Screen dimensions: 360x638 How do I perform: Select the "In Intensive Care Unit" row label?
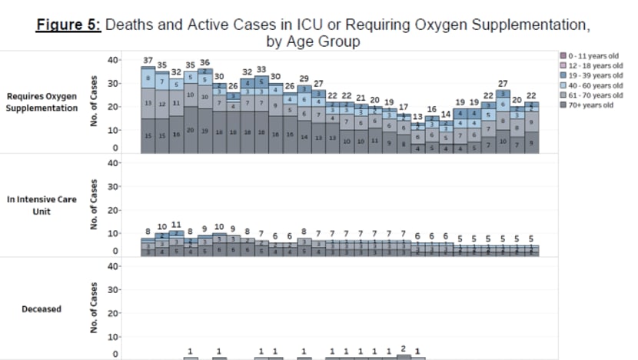coord(40,204)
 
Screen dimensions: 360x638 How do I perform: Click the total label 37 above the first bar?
coord(148,61)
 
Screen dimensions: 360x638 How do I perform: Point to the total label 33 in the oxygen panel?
coord(261,69)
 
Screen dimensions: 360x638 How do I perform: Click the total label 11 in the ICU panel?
coord(176,225)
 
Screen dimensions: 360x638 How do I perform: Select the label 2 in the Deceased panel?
coord(403,348)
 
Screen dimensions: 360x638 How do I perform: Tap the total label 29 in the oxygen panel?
coord(304,78)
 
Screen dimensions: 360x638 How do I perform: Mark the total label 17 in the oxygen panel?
coord(404,107)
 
